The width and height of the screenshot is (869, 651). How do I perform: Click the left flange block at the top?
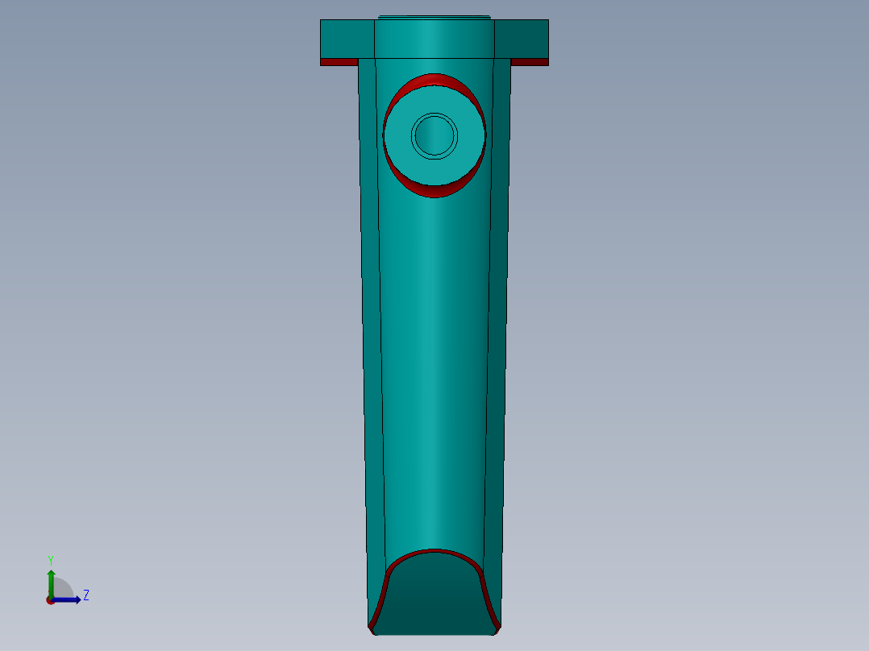[347, 38]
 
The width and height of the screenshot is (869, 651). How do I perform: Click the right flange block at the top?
[522, 38]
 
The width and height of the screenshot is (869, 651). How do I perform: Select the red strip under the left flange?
[339, 62]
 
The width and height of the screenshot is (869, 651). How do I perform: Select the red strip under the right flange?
[530, 62]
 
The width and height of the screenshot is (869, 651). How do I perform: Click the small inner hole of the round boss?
[434, 135]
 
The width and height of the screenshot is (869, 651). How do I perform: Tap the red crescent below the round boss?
[434, 191]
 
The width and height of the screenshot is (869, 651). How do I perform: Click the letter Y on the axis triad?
[50, 559]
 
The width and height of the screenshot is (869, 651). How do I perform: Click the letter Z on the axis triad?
[85, 595]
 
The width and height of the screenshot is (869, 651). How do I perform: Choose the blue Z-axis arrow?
[68, 599]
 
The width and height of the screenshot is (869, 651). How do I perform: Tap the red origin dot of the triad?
[50, 600]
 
